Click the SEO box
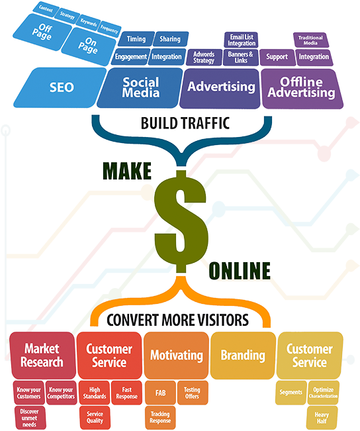pos(60,87)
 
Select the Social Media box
pos(140,87)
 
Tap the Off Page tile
pos(42,32)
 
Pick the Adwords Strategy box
pos(204,57)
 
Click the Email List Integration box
pos(242,40)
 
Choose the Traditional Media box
pos(310,40)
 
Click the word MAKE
pos(127,171)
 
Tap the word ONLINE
pos(240,271)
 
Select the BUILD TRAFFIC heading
pos(185,123)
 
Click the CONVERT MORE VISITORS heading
pos(177,320)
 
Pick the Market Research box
pos(42,356)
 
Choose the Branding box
pos(243,356)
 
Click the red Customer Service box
pos(109,356)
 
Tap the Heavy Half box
pos(322,418)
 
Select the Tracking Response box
pos(160,417)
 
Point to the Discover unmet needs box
pos(30,418)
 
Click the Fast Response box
pos(126,393)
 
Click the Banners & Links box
pos(241,57)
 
